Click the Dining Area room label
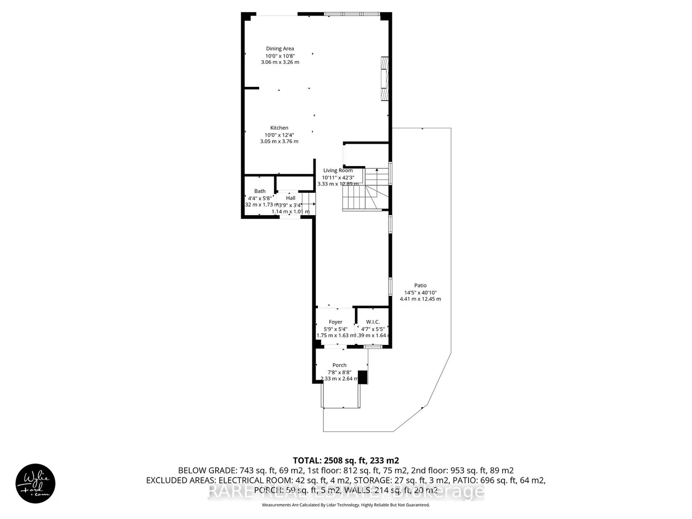[280, 48]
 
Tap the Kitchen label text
[279, 128]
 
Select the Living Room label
[338, 170]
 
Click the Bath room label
[260, 191]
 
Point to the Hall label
[290, 198]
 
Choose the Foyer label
[335, 322]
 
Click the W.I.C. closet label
[373, 322]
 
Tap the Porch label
[339, 365]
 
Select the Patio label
[421, 285]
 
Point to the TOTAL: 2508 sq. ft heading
[345, 460]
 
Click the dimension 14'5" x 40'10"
[421, 292]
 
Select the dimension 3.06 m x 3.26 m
[280, 62]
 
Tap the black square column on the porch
[363, 377]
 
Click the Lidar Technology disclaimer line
[345, 505]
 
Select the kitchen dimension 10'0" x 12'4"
[279, 135]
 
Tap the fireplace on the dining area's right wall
[384, 78]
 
